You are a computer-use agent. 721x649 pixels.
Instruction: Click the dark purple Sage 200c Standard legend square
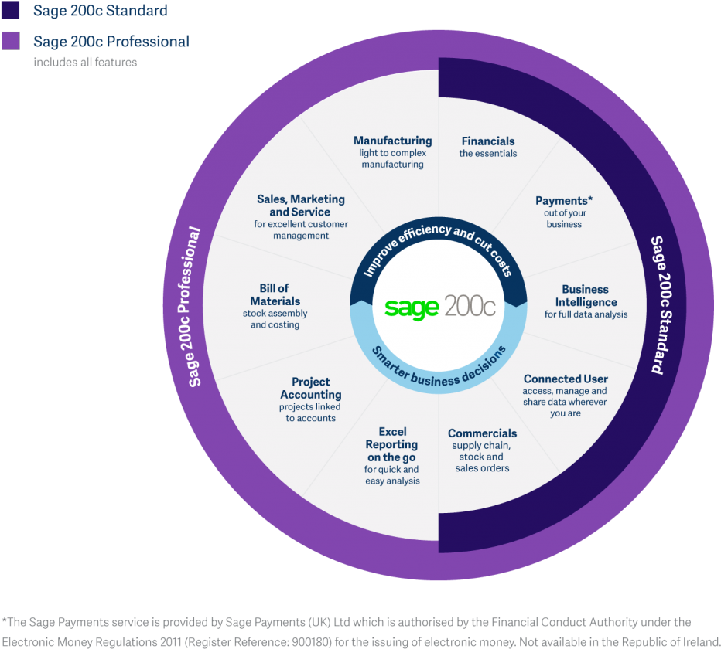pos(11,10)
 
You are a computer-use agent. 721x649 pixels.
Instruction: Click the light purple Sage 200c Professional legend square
pos(11,41)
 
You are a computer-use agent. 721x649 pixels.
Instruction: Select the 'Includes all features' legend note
pos(85,62)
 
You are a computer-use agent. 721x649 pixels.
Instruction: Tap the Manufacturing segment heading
pos(392,141)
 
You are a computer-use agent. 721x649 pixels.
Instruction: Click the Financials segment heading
pos(487,141)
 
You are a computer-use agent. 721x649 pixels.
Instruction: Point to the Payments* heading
pos(563,201)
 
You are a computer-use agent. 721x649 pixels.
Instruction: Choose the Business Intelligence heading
pos(586,296)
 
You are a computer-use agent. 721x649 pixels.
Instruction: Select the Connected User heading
pos(566,379)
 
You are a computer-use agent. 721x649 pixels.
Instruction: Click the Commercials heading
pos(482,433)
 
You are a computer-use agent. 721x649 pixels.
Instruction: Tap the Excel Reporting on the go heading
pos(392,445)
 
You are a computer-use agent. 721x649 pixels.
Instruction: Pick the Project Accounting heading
pos(310,388)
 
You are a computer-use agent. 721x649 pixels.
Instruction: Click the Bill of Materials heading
pos(275,294)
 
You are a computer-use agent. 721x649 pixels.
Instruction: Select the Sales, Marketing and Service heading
pos(301,206)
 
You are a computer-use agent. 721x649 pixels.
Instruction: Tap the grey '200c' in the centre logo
pos(470,307)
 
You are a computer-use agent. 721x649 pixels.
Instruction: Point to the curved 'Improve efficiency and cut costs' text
pos(437,252)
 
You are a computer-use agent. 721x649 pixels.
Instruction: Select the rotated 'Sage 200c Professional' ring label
pos(194,307)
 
